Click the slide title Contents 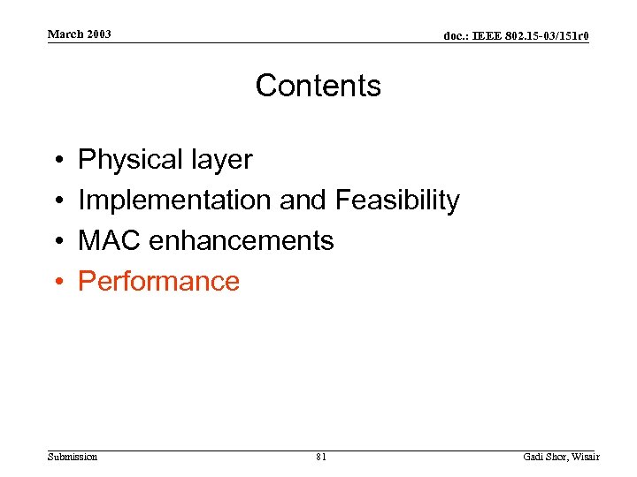(318, 86)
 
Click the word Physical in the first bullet (127, 160)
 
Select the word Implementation (174, 201)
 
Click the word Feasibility (397, 201)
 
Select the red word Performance (158, 281)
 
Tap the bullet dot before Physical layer (56, 161)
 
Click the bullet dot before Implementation (56, 201)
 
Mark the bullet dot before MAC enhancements (56, 241)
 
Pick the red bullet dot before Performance (56, 282)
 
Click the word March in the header (65, 34)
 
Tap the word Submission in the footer (73, 457)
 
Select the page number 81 (320, 457)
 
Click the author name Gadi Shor (544, 457)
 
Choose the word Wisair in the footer (585, 457)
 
